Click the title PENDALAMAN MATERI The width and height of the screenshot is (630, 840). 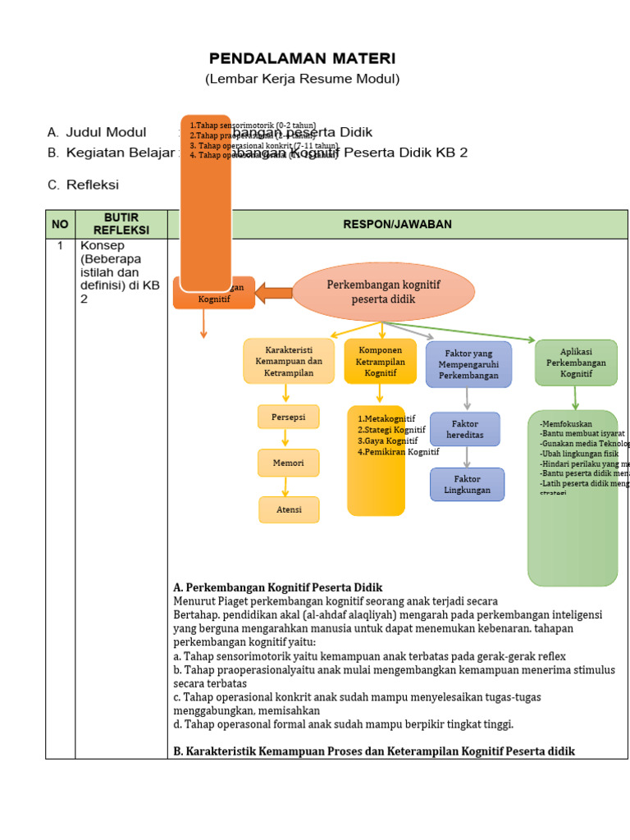[x=302, y=58]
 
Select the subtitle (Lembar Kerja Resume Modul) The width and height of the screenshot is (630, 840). [x=302, y=79]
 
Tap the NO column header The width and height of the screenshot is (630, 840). [x=61, y=224]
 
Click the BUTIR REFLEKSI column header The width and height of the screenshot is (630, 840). [x=121, y=224]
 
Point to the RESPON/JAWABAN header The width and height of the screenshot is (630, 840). [x=397, y=224]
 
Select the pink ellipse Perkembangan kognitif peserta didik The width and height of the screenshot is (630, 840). [x=383, y=292]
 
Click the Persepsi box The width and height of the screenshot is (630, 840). [x=288, y=418]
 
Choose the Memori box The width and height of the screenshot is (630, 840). [x=288, y=463]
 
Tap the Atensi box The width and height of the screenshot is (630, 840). [x=289, y=509]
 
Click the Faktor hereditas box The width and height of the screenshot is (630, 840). [x=464, y=429]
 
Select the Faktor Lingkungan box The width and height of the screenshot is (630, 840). [x=467, y=484]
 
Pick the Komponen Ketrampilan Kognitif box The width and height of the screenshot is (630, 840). [x=380, y=361]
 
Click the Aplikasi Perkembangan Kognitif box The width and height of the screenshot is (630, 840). [x=576, y=362]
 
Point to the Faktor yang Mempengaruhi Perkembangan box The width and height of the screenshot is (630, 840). [x=468, y=363]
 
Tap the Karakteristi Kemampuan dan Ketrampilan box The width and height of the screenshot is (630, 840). [x=288, y=361]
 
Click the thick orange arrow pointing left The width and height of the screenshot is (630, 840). [x=273, y=293]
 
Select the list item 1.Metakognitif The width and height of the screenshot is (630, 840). [x=386, y=418]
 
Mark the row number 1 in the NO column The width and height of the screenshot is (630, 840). [x=60, y=245]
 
